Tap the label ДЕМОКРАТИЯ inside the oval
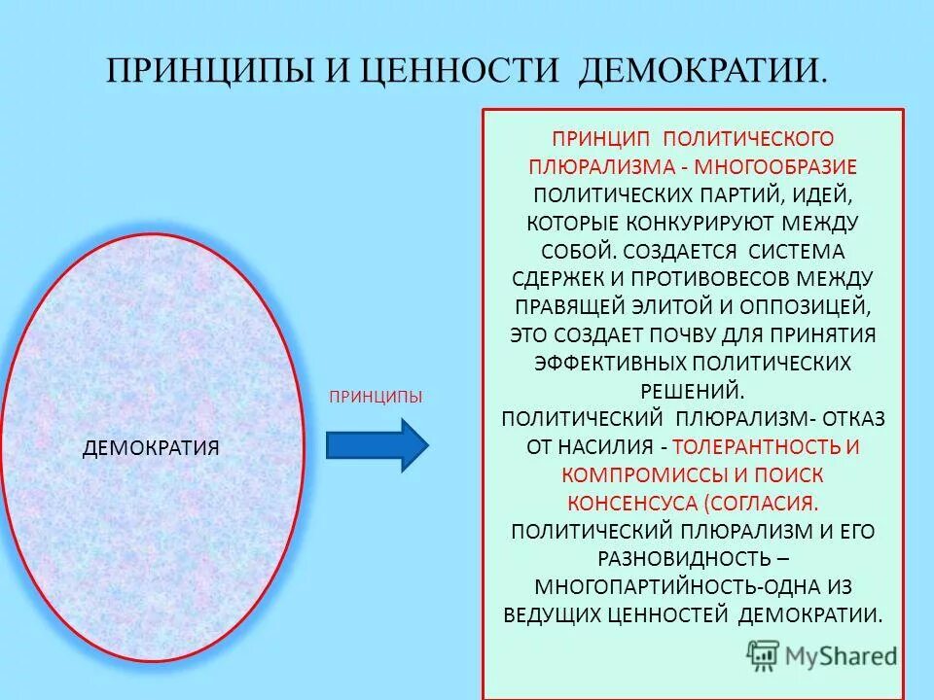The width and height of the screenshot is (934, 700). click(151, 447)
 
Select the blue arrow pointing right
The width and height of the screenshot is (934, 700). click(377, 445)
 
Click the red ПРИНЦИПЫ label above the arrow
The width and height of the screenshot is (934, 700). click(376, 397)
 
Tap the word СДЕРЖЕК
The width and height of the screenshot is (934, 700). click(554, 279)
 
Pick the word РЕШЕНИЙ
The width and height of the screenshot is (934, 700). click(694, 391)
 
